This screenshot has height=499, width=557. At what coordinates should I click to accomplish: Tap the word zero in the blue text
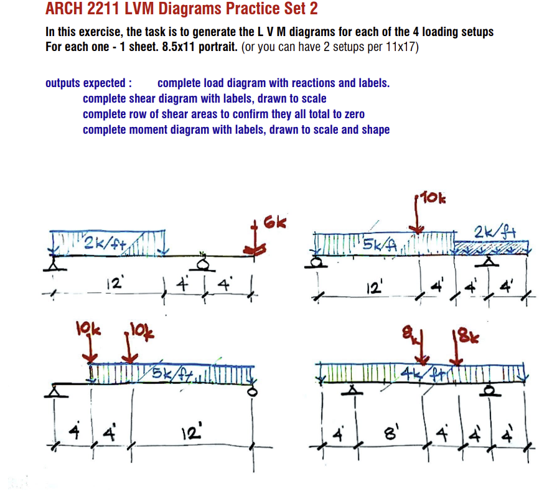click(x=352, y=114)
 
